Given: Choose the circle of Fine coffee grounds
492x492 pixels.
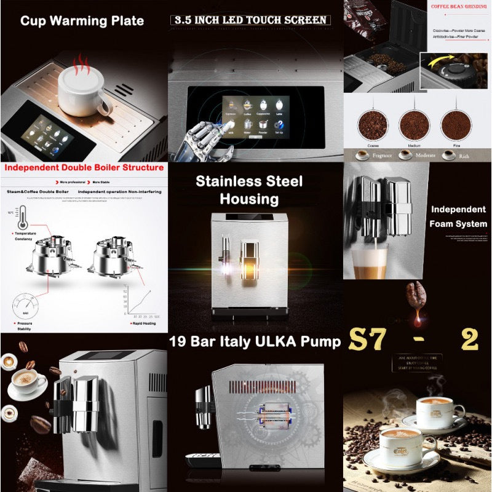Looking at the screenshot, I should click(x=456, y=124).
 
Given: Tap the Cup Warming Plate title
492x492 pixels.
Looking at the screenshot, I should click(x=82, y=21).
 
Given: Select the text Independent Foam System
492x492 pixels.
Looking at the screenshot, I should click(x=458, y=216).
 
